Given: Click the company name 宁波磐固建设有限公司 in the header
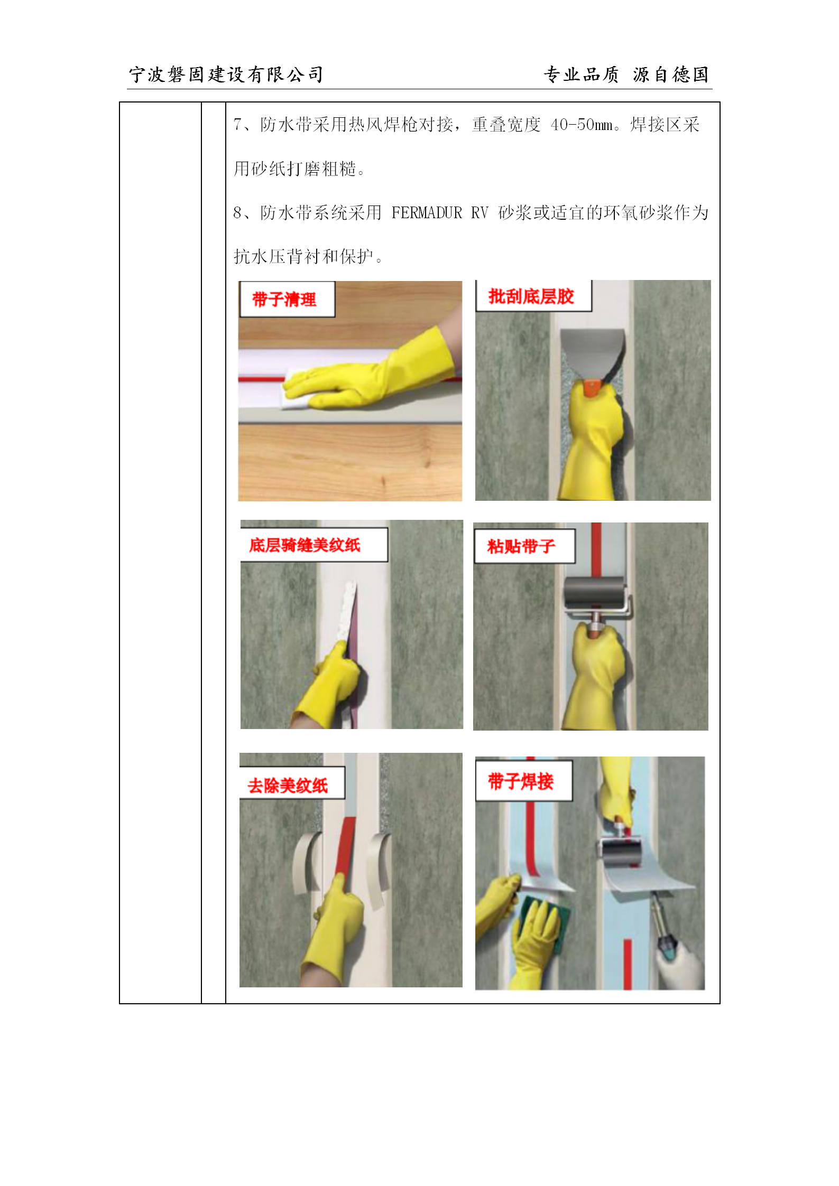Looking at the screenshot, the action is tap(226, 74).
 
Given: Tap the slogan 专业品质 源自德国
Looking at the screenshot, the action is tap(626, 74).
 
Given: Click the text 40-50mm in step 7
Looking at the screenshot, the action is tap(582, 125).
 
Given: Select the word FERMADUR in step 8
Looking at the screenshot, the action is tap(427, 212).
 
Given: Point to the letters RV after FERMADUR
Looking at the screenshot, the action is tap(480, 212).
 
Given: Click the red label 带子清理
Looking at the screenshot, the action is tap(284, 300).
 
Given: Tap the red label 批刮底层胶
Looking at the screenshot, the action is tap(531, 296).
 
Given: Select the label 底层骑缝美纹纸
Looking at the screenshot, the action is tap(305, 545).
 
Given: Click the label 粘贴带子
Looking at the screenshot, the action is tap(521, 546).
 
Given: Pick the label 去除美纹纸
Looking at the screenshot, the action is tap(288, 786).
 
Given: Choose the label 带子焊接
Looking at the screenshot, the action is tap(521, 781).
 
